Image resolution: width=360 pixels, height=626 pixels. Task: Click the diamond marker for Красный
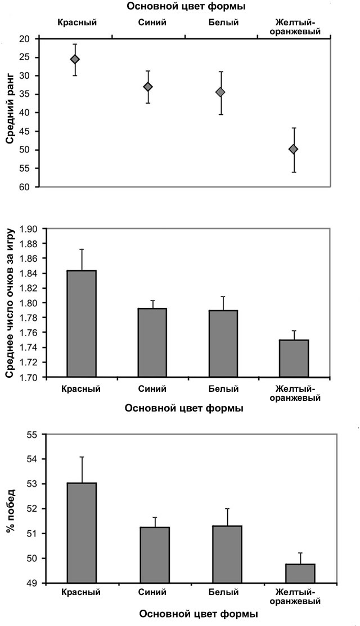(x=75, y=59)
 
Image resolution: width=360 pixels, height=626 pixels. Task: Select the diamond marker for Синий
(x=148, y=87)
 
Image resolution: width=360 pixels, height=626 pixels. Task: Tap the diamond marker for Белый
(x=220, y=92)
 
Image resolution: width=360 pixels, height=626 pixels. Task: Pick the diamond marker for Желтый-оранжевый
(x=293, y=149)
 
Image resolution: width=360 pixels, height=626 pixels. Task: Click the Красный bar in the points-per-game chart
(x=82, y=324)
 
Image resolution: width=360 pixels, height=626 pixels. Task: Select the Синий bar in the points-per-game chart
(x=152, y=342)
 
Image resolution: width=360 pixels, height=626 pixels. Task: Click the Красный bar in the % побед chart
(x=82, y=533)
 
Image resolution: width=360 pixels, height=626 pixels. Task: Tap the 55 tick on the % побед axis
(x=31, y=435)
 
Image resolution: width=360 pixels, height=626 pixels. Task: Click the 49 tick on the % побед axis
(x=31, y=583)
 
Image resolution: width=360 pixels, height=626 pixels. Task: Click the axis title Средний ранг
(x=10, y=113)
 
